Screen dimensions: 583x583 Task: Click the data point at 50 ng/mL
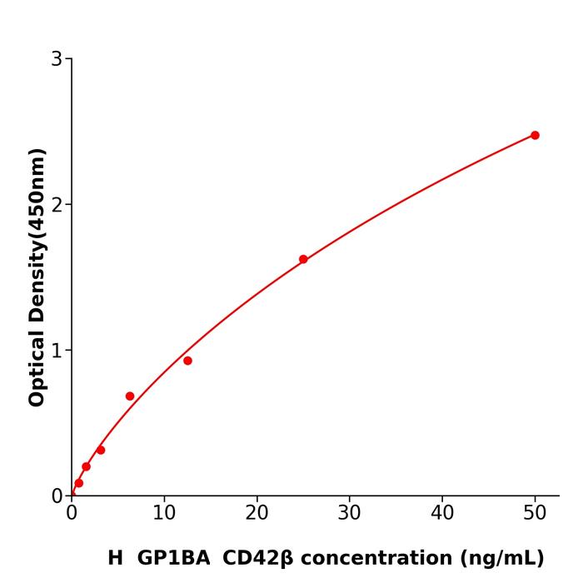point(535,135)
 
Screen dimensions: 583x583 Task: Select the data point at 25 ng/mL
point(303,259)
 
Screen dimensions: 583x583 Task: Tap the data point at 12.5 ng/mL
point(187,361)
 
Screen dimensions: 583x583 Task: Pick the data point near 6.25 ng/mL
point(130,396)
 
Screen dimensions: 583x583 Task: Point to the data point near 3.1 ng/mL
point(101,450)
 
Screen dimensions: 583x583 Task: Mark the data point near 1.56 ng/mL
point(86,466)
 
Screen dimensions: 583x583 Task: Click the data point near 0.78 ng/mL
point(78,483)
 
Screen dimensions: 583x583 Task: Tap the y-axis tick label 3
point(57,59)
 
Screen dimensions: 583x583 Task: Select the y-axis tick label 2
point(57,205)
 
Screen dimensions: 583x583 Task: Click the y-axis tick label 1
point(57,351)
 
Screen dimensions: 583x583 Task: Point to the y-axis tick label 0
point(57,496)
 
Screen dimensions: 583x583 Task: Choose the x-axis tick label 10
point(164,514)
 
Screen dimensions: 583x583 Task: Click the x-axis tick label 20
point(257,514)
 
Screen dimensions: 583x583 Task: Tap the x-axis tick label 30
point(350,514)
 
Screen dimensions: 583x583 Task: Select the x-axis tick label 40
point(442,514)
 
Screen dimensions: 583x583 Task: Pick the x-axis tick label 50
point(535,514)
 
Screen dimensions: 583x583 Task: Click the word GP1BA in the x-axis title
point(173,559)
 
